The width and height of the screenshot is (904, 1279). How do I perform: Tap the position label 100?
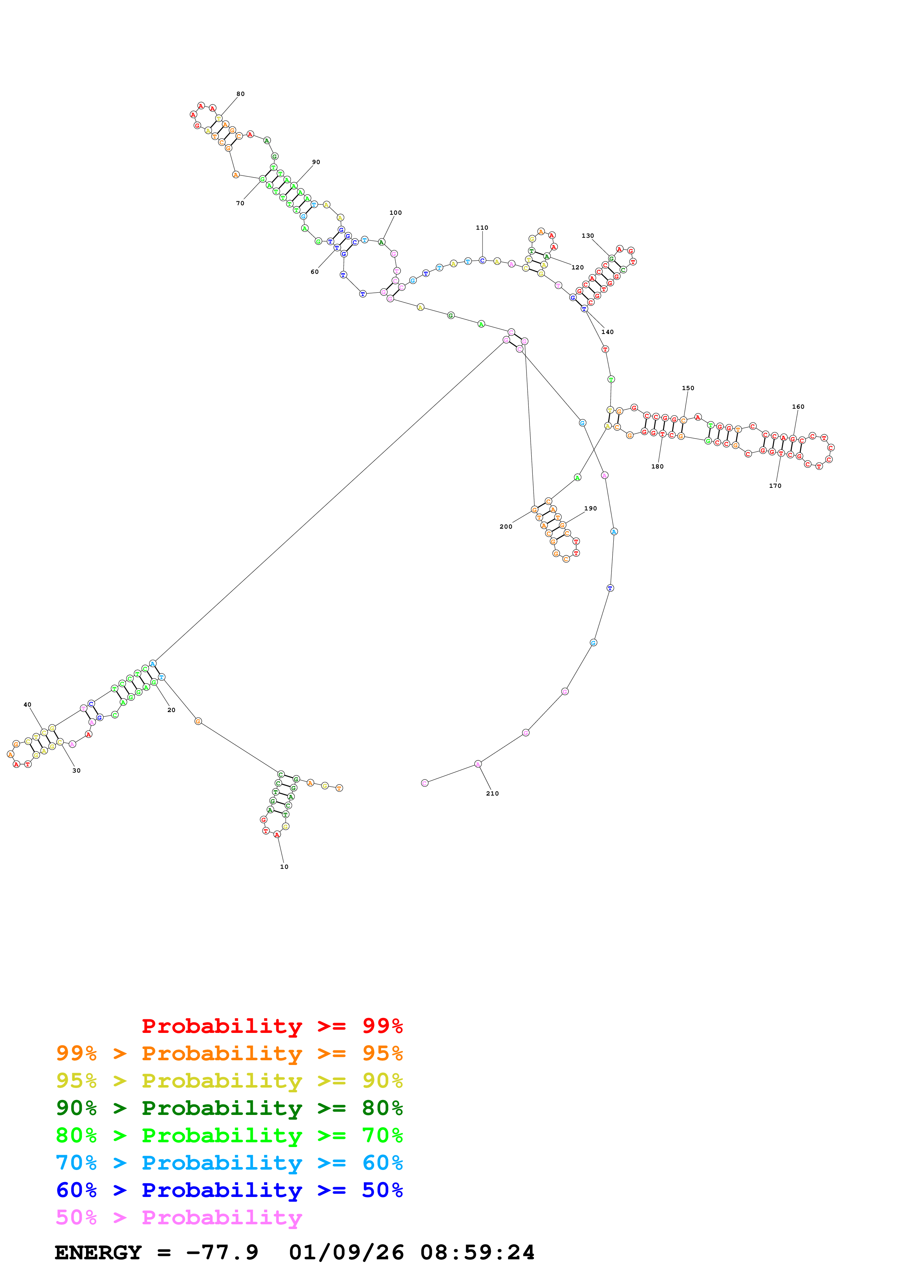point(395,213)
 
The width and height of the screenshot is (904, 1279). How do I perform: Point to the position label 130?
point(587,236)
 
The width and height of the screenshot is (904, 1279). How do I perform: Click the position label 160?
point(798,407)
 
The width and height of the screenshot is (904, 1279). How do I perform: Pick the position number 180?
point(657,466)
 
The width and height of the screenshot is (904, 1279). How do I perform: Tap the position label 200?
point(506,526)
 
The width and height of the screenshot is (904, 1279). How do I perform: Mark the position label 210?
point(492,793)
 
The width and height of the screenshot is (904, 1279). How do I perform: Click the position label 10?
point(284,867)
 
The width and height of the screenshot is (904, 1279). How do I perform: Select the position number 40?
point(27,705)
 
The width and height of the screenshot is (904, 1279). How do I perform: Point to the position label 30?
point(76,770)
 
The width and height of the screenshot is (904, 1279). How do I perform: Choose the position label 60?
point(315,272)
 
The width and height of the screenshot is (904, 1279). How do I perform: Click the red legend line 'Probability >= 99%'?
point(272,1026)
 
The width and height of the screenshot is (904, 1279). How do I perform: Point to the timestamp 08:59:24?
point(477,1252)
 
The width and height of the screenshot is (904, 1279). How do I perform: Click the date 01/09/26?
point(346,1252)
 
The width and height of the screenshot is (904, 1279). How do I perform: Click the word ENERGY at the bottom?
point(98,1252)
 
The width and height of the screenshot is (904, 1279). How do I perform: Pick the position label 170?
point(775,486)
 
